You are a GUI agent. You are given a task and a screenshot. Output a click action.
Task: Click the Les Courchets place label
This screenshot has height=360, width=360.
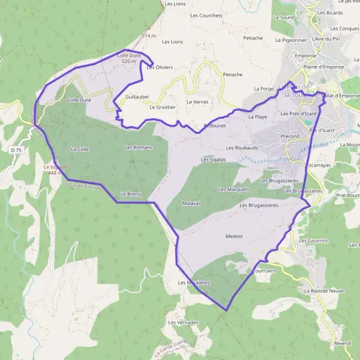pyautogui.click(x=202, y=16)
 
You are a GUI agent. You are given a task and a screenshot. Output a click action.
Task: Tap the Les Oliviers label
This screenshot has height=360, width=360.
pyautogui.click(x=160, y=67)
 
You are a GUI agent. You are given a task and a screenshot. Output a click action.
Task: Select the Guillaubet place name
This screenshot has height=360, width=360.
pyautogui.click(x=137, y=96)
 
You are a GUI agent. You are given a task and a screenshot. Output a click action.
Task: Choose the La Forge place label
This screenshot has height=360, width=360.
pyautogui.click(x=263, y=89)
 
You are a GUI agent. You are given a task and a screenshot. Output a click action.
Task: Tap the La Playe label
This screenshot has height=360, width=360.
pyautogui.click(x=257, y=117)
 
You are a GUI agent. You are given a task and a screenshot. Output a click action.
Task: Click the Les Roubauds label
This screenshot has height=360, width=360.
pyautogui.click(x=242, y=148)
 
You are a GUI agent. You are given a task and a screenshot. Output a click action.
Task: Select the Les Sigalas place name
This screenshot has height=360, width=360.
pyautogui.click(x=214, y=160)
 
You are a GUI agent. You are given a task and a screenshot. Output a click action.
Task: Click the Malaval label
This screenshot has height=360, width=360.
pyautogui.click(x=190, y=203)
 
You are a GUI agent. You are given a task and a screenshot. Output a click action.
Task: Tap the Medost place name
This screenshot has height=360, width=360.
pyautogui.click(x=233, y=236)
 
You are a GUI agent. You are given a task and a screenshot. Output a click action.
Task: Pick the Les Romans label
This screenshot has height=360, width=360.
pyautogui.click(x=138, y=147)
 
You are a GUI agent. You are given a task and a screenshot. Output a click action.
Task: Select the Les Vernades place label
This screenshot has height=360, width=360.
pyautogui.click(x=184, y=323)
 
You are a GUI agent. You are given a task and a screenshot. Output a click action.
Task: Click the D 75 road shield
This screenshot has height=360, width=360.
pyautogui.click(x=16, y=149)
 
